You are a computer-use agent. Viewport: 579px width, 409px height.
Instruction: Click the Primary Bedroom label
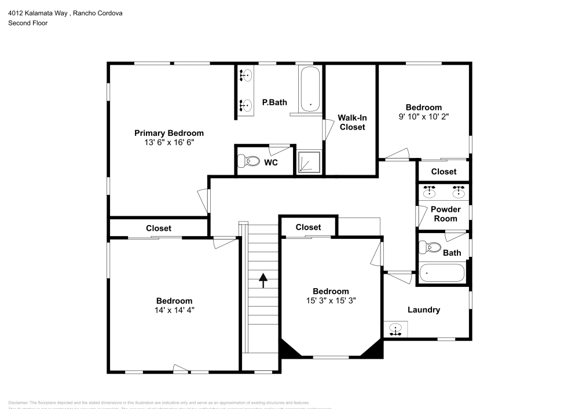169,132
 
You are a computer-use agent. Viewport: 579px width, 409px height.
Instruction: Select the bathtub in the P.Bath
310,89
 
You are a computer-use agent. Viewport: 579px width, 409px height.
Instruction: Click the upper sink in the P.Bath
246,75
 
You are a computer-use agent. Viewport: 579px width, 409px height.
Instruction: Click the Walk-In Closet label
352,122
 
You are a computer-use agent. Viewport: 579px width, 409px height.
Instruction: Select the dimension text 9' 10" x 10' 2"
423,116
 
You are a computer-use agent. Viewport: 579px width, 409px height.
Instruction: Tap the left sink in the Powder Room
429,190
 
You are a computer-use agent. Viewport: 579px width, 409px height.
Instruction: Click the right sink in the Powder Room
458,190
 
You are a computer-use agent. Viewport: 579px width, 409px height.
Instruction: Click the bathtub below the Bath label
442,273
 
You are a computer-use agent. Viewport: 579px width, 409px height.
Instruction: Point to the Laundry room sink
395,330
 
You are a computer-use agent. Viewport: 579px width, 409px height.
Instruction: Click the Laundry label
424,309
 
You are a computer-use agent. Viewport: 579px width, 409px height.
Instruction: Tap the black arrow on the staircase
263,280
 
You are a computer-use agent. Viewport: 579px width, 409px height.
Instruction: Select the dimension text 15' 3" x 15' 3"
331,300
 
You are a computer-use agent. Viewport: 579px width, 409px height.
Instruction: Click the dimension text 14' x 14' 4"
174,309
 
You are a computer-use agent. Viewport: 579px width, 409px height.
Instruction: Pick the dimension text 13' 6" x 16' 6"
169,142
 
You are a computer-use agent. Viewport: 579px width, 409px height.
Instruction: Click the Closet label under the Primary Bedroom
158,228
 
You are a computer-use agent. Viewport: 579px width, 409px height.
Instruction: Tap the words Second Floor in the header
28,23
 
